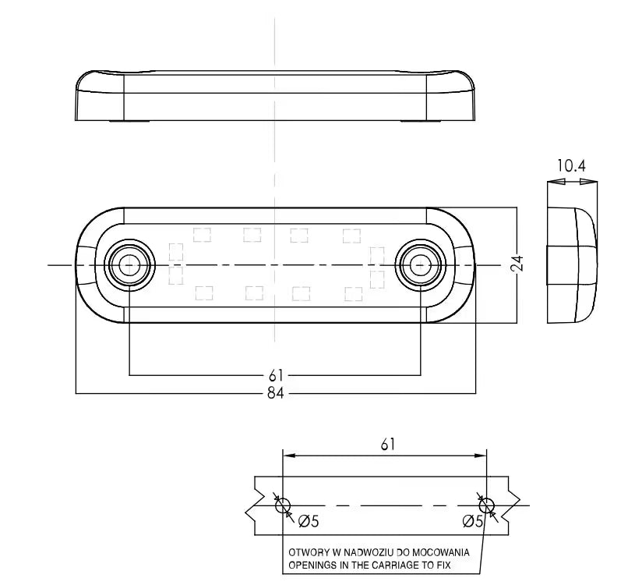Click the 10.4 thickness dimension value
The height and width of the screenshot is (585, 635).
571,166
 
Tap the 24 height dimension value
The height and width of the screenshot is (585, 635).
517,264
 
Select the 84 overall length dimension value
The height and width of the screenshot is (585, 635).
275,393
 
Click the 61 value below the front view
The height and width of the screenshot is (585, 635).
275,376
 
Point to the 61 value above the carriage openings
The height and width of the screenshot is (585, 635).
387,445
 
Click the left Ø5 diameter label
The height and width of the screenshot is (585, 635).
309,521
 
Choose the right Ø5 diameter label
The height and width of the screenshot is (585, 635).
473,521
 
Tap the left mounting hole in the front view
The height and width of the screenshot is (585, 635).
129,265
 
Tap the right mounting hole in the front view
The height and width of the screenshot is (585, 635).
421,265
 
